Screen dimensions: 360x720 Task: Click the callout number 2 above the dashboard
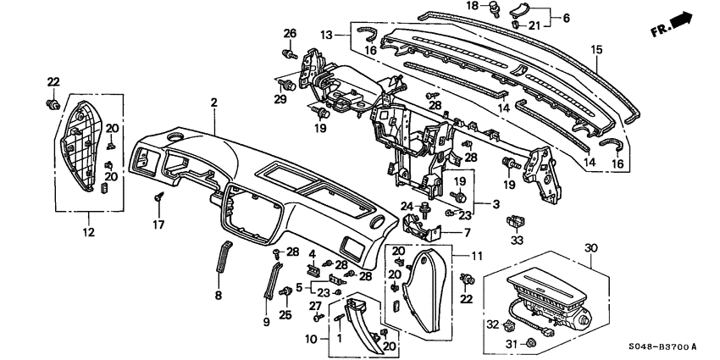click(x=213, y=102)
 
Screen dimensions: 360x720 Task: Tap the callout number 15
click(x=596, y=51)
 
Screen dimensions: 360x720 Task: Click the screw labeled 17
click(x=158, y=199)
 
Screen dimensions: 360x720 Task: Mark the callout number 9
click(x=265, y=321)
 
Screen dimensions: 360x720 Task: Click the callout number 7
click(x=465, y=231)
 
